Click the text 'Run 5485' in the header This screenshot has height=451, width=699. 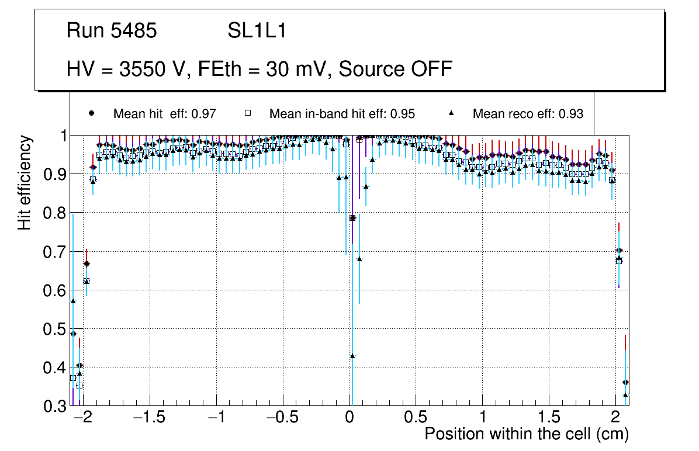coord(112,31)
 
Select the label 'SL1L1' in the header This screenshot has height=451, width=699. coord(257,31)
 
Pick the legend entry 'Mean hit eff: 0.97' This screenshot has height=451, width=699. coord(165,114)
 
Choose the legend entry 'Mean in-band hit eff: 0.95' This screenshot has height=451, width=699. coord(342,114)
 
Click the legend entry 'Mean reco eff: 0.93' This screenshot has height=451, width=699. coord(527,114)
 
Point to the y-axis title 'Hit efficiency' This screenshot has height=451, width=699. coord(25,182)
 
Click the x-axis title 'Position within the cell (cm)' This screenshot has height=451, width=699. coord(527,434)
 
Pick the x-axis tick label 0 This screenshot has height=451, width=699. coord(349,419)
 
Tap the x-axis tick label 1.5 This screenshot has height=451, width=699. coord(549,419)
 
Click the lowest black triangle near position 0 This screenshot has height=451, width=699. coord(352,356)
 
